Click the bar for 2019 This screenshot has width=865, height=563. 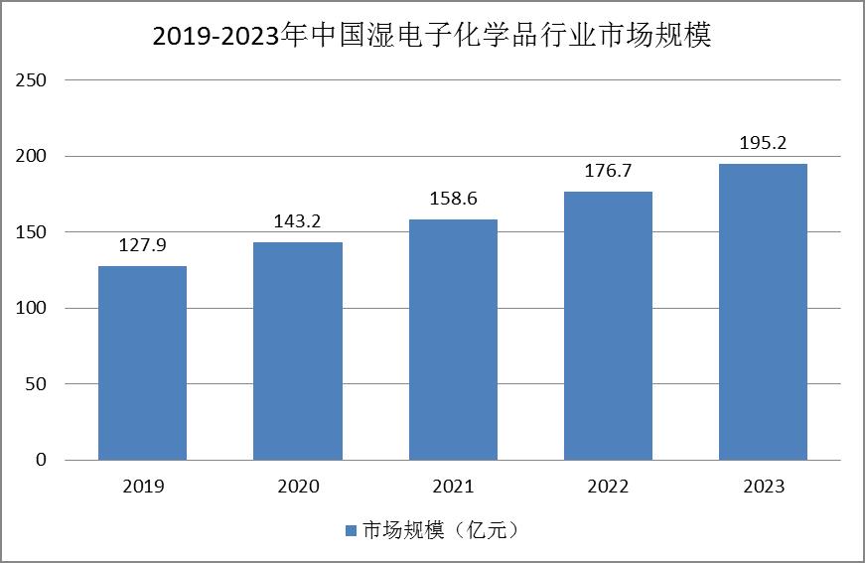[x=142, y=362]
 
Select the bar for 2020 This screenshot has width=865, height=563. [x=298, y=352]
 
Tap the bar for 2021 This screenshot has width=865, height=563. [x=453, y=340]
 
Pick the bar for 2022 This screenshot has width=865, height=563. [x=608, y=326]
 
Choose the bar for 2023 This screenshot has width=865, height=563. [x=763, y=312]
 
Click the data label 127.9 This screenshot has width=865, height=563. [x=142, y=245]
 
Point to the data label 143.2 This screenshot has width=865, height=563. [x=297, y=221]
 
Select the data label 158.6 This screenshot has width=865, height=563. [x=453, y=198]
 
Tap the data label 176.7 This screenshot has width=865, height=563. [x=608, y=171]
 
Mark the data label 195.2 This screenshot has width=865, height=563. [x=763, y=143]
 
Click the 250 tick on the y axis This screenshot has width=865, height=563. [x=31, y=80]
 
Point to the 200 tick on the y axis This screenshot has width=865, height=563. [x=31, y=156]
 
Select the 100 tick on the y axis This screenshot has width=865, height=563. [x=31, y=308]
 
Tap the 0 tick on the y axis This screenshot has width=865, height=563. [x=41, y=460]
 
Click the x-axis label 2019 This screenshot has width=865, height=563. [x=143, y=487]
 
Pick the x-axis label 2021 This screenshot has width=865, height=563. [x=454, y=487]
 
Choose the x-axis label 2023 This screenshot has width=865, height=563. [x=764, y=487]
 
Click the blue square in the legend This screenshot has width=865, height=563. [x=351, y=530]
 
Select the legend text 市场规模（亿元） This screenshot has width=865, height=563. [x=441, y=530]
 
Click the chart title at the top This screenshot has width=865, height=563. [x=432, y=36]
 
